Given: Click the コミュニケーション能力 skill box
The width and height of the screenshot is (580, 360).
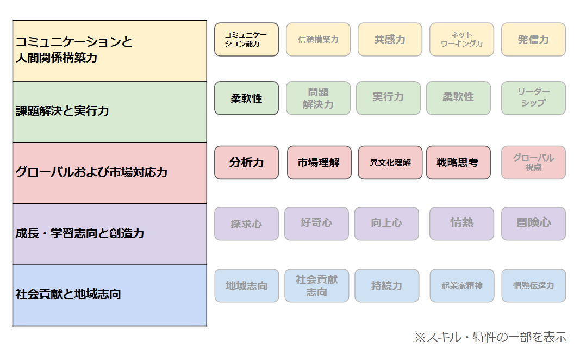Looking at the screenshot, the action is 246,40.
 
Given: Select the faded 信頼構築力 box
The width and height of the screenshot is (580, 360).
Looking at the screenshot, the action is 318,40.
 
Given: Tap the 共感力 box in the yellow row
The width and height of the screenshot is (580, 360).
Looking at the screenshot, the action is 390,40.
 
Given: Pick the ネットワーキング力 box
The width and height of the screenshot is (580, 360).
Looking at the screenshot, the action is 461,40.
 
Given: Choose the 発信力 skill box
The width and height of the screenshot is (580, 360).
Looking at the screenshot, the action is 533,40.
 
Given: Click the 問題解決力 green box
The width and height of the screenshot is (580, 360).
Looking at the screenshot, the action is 318,98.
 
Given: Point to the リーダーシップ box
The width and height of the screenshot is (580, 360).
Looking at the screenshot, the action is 533,98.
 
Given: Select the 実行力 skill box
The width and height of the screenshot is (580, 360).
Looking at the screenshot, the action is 389,98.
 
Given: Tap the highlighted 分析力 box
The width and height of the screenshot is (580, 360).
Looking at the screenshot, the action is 246,163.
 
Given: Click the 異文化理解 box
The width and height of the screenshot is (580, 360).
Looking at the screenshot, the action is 390,163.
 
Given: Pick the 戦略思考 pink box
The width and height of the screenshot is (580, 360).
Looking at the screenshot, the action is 458,163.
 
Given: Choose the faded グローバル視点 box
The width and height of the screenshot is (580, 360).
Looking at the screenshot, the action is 533,163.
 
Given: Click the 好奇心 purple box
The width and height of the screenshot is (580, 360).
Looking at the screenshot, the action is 316,224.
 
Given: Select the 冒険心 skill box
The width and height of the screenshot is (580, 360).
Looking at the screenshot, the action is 533,224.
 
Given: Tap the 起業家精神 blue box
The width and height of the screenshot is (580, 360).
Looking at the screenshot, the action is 461,285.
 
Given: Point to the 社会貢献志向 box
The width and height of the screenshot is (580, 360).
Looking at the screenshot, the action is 316,285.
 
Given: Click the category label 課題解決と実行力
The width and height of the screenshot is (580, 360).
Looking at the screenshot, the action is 62,111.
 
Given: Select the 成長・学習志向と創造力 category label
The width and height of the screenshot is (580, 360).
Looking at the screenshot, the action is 79,233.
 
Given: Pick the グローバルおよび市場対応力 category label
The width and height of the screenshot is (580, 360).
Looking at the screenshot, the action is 91,172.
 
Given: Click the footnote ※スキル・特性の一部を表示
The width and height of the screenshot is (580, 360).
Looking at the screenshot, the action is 490,337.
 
